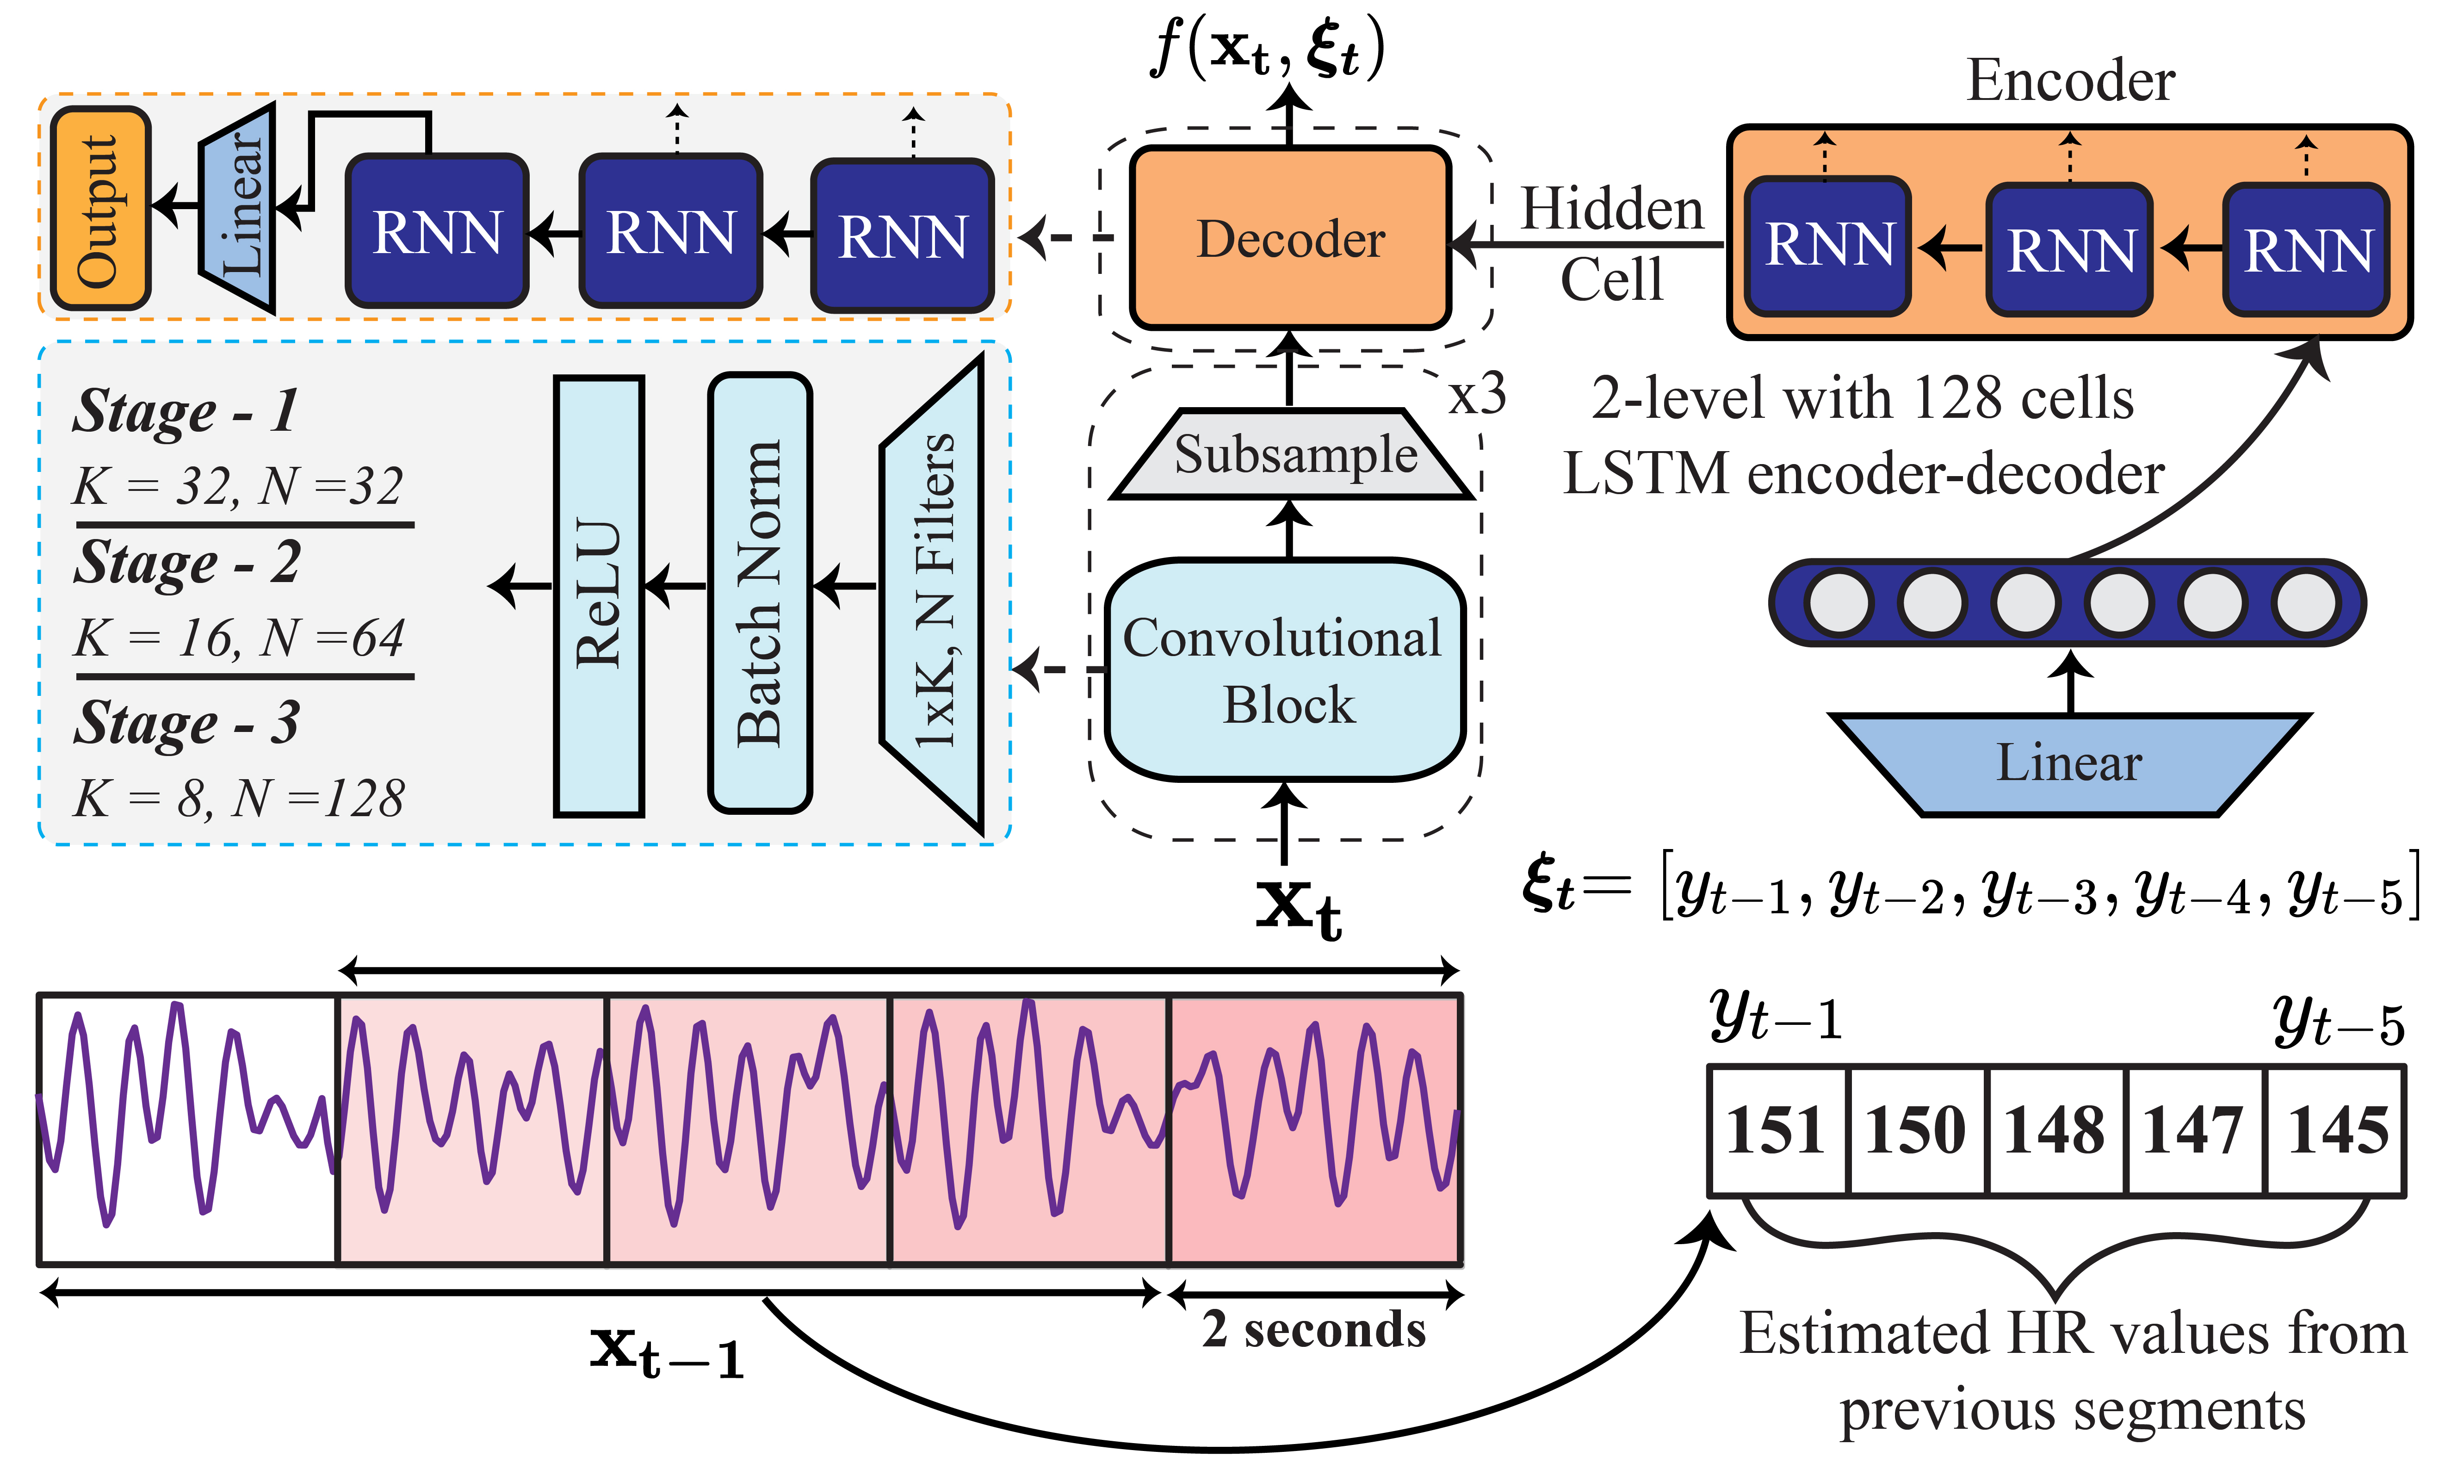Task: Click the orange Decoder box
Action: click(1290, 238)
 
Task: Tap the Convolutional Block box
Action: click(1284, 670)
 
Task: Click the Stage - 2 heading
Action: click(187, 563)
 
